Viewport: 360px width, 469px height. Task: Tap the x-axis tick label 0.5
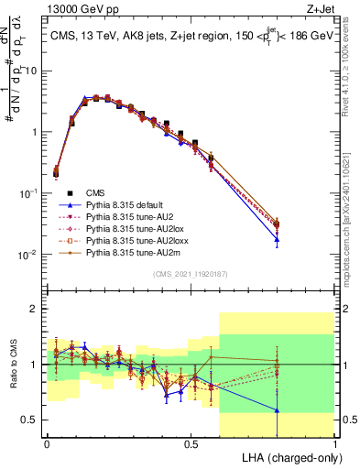pos(191,443)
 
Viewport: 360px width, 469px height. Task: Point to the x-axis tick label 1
pos(334,443)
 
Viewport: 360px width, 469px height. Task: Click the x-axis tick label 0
pos(47,443)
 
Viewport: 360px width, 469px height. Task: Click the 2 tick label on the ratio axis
pos(35,310)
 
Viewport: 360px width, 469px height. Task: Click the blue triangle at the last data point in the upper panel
pos(277,241)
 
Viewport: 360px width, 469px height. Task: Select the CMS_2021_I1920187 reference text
pos(191,274)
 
